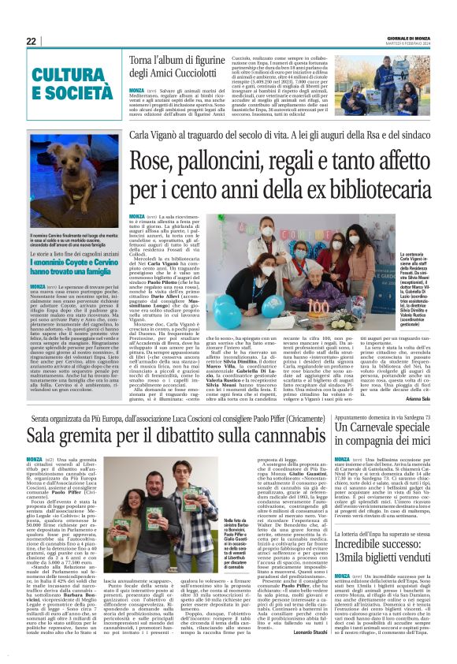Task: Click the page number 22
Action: click(x=31, y=41)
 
